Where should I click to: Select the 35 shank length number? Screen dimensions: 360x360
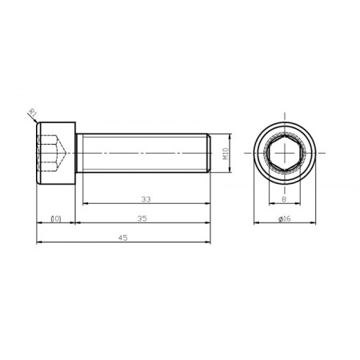click(x=143, y=218)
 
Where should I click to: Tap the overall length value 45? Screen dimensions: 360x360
click(x=123, y=237)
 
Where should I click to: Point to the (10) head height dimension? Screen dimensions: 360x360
click(x=56, y=218)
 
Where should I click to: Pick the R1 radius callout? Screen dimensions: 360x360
click(x=32, y=111)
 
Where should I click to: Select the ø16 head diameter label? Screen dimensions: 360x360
click(x=284, y=218)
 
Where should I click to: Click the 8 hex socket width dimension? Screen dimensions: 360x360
click(x=284, y=199)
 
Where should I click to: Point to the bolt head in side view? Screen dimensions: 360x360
click(x=56, y=152)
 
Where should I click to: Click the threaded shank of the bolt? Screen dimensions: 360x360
click(x=144, y=152)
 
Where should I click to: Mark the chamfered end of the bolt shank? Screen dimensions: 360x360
click(x=209, y=152)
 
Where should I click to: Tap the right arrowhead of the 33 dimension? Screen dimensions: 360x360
click(x=208, y=203)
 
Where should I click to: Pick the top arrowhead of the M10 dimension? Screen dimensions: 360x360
click(x=230, y=135)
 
